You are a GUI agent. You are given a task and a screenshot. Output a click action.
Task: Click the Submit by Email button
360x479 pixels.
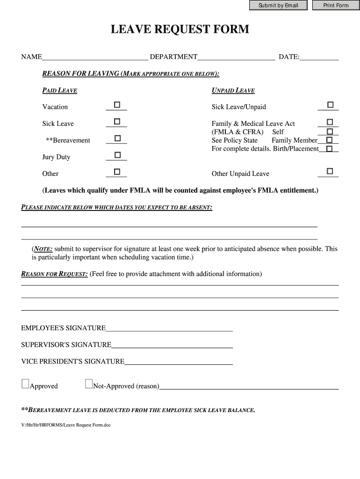tap(278, 6)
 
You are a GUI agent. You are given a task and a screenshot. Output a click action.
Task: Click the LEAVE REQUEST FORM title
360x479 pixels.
tap(180, 30)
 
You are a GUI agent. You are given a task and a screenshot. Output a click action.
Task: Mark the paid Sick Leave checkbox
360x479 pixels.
tap(117, 122)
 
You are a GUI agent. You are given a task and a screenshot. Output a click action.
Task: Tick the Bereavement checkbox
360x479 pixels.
tap(117, 138)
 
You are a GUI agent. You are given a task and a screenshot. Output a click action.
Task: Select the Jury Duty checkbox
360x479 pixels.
tap(117, 155)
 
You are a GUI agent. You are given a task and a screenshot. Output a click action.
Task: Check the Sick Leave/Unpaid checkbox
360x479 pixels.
tap(330, 104)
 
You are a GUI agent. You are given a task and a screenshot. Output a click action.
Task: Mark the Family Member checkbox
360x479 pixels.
tap(330, 140)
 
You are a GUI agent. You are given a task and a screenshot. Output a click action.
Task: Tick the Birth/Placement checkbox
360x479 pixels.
tap(330, 149)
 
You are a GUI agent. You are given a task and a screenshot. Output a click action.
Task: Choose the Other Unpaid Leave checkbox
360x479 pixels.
tap(330, 171)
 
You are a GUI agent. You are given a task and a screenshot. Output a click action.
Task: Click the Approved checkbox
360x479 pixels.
tap(25, 384)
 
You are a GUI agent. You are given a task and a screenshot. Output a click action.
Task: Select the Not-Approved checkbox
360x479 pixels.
tap(89, 384)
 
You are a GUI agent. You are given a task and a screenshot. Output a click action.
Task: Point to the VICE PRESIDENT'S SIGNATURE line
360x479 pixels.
tap(179, 362)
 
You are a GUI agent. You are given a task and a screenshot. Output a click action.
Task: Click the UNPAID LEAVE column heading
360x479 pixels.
tap(233, 91)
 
